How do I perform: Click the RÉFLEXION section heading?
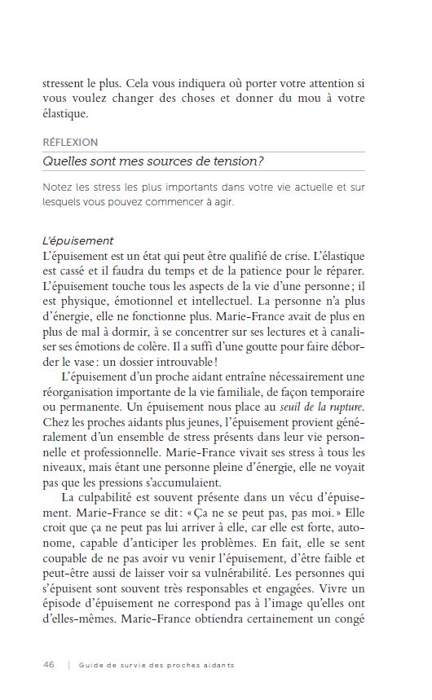click(x=70, y=142)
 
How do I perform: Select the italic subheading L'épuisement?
click(x=78, y=241)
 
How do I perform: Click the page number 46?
click(x=49, y=665)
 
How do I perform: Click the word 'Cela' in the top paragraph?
click(x=141, y=85)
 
